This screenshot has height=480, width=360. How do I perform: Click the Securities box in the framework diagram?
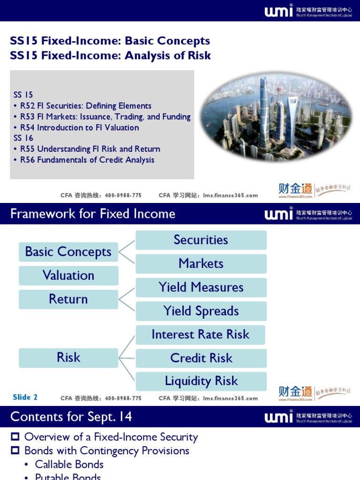[x=201, y=240]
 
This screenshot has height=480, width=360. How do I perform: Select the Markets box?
[x=201, y=263]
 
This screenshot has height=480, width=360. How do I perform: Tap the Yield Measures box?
[x=201, y=287]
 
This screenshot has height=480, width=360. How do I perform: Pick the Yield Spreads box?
[x=201, y=311]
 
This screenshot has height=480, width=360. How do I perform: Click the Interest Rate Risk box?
[x=200, y=335]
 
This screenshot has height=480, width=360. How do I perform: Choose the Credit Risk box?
[x=201, y=358]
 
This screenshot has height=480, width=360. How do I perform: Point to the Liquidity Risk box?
[x=201, y=381]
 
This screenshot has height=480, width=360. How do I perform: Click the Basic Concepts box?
[x=68, y=252]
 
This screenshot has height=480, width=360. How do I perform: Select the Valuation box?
[x=68, y=276]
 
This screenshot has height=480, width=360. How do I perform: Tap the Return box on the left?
[x=68, y=299]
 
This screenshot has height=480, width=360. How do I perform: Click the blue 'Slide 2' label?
[x=25, y=397]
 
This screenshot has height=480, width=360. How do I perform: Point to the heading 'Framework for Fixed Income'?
[x=93, y=214]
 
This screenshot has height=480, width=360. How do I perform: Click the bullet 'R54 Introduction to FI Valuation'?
[x=79, y=127]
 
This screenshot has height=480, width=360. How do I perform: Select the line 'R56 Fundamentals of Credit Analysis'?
[x=87, y=160]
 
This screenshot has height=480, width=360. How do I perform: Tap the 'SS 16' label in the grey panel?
[x=23, y=138]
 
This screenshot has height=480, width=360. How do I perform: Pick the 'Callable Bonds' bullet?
[x=69, y=465]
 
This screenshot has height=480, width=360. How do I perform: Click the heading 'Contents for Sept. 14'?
[x=71, y=417]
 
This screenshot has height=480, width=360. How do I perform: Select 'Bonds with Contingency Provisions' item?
[x=106, y=451]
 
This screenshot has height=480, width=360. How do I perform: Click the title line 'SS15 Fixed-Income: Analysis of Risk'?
[x=111, y=56]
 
